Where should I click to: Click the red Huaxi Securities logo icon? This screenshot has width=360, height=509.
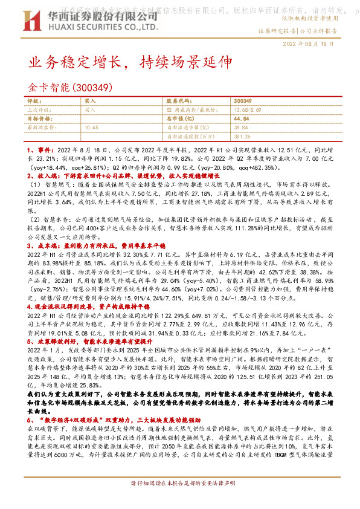pos(37,19)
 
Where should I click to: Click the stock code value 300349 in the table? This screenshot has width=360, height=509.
pos(242,102)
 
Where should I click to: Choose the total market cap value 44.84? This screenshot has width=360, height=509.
pos(240,119)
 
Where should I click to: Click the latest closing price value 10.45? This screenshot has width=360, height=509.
pos(92,128)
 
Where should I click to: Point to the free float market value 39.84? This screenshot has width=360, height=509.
pos(240,128)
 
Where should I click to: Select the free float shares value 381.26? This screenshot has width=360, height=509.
pos(242,136)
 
